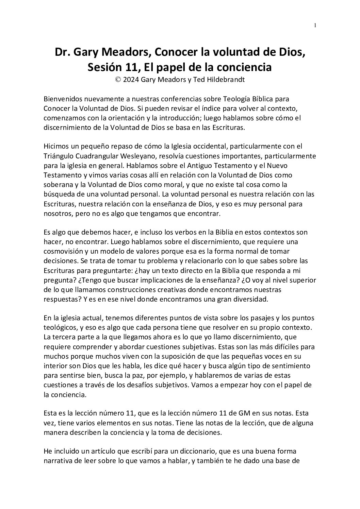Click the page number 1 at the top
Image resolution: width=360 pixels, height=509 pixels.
315,25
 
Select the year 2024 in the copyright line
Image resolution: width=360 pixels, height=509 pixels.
131,80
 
